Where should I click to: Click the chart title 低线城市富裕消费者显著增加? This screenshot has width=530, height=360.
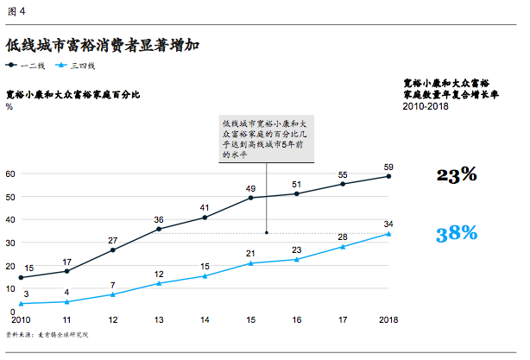click(102, 43)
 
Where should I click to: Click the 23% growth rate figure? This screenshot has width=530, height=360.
click(457, 175)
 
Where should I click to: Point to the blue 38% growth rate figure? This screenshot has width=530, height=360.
click(457, 232)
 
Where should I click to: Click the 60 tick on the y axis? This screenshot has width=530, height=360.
click(10, 174)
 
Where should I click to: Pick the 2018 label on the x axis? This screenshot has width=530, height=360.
click(388, 320)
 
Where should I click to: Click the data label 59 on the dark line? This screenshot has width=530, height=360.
click(388, 166)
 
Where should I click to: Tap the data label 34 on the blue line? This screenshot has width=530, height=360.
click(388, 223)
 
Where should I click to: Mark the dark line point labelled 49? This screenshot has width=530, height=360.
click(250, 198)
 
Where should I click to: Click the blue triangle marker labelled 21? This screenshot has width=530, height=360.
click(250, 262)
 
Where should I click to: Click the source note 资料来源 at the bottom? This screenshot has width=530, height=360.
click(47, 333)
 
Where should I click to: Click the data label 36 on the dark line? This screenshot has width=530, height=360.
click(158, 219)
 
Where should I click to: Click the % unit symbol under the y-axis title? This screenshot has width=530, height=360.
click(9, 107)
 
